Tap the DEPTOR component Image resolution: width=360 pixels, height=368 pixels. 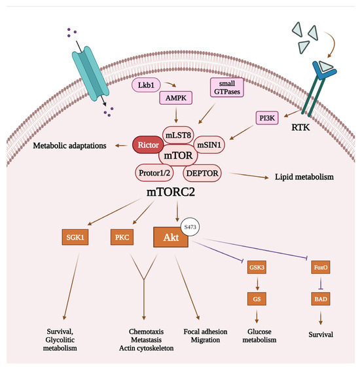[203, 173]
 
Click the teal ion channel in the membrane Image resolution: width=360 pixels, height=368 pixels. [92, 69]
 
